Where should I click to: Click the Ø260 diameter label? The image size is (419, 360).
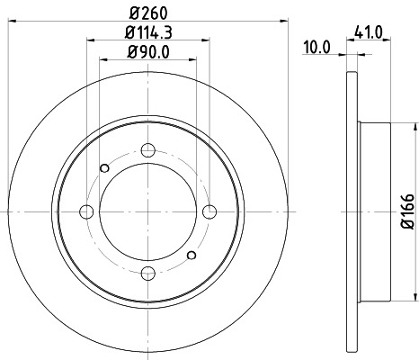(x=149, y=13)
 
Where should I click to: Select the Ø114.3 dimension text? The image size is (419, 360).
(x=149, y=34)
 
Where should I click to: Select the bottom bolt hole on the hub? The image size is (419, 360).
(x=149, y=273)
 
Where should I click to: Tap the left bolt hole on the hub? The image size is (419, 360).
(x=88, y=211)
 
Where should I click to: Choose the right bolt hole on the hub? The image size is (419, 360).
(x=210, y=211)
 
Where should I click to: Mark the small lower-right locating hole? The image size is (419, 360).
(x=192, y=256)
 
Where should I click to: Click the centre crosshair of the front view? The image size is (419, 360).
(x=149, y=211)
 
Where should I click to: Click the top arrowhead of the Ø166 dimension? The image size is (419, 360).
(x=393, y=126)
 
